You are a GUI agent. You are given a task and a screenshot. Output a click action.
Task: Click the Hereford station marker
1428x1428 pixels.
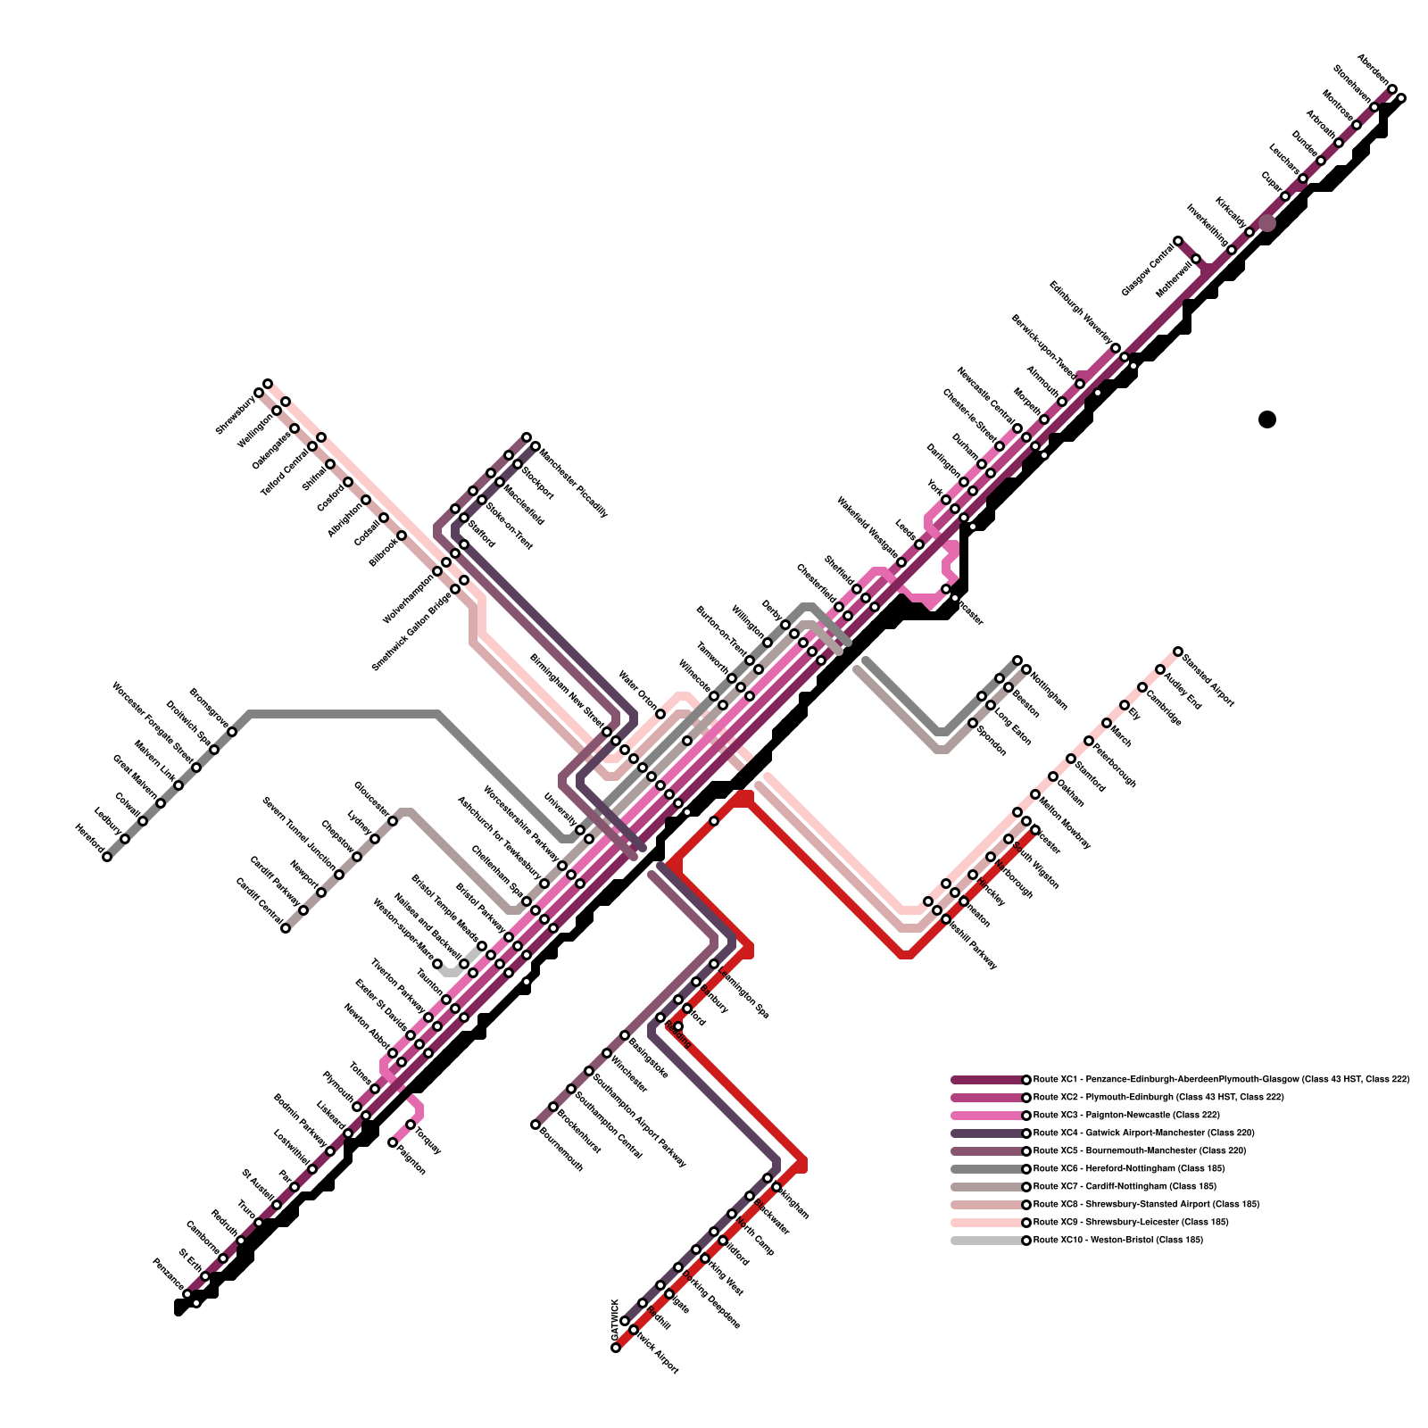click(107, 857)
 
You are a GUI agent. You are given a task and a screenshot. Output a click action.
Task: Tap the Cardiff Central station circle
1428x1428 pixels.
click(286, 928)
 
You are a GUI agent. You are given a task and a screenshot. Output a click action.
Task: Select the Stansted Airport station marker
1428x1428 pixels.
click(1178, 652)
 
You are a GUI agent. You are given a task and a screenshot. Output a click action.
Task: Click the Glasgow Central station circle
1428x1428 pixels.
click(1178, 241)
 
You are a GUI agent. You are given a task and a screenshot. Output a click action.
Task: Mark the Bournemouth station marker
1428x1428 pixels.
click(535, 1125)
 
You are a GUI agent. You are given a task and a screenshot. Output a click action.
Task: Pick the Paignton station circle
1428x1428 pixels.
click(393, 1142)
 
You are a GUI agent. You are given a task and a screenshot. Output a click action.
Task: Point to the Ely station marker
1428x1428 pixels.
click(1125, 705)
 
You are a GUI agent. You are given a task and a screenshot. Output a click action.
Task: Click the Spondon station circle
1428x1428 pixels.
click(973, 723)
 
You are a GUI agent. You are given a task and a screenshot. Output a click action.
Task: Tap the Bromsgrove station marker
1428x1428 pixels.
click(232, 732)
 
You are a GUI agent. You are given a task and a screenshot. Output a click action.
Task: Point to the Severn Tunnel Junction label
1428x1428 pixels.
click(298, 834)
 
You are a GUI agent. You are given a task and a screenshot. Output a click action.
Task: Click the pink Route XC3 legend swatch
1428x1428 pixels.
click(986, 1116)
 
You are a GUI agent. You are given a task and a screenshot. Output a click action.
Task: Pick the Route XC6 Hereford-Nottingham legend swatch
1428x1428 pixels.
click(986, 1169)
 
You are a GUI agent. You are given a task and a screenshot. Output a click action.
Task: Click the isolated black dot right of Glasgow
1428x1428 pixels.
click(1267, 419)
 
